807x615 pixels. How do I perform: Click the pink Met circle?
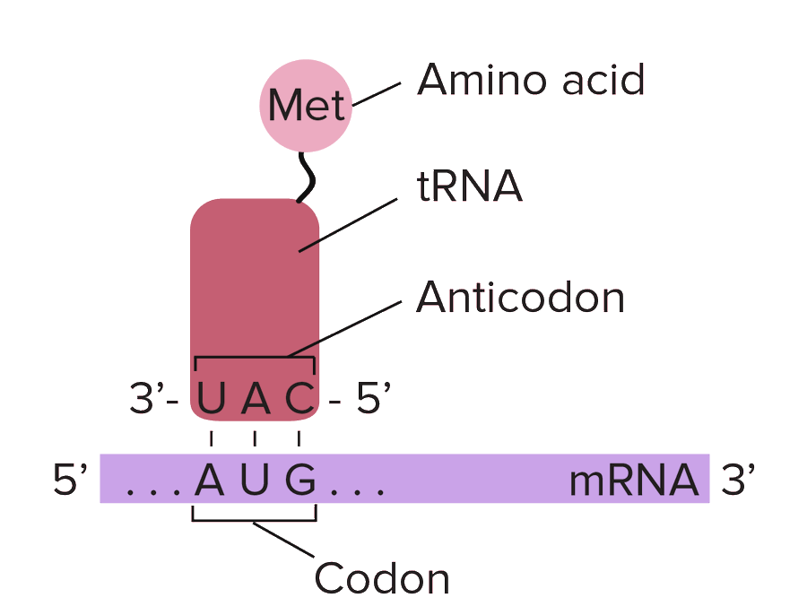pos(306,105)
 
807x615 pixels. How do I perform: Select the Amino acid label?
pos(531,81)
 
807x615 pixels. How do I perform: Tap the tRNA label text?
pos(468,188)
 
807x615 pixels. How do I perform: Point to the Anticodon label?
pos(520,297)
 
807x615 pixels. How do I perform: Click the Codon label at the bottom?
pos(381,577)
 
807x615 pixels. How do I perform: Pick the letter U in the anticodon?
pos(211,400)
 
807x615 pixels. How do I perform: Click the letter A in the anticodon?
pos(256,400)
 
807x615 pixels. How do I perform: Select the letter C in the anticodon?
pos(300,400)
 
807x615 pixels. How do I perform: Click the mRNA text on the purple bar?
pos(634,481)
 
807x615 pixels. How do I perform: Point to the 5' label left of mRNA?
pos(70,481)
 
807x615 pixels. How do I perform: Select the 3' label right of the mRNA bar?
pos(740,481)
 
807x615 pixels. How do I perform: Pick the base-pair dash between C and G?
pos(299,438)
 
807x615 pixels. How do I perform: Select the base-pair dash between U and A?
pos(211,438)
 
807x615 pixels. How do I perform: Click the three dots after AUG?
pos(358,491)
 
